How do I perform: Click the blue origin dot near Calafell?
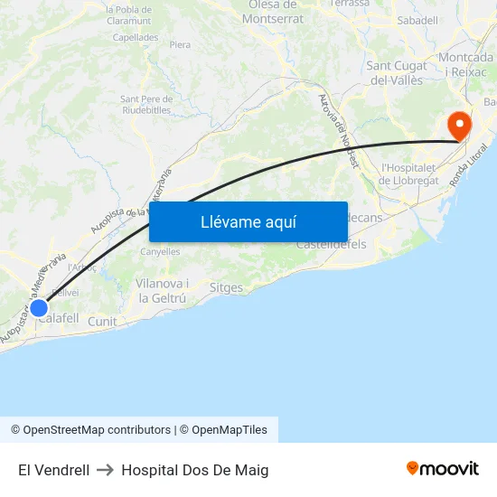point(39,308)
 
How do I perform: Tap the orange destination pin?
point(459,125)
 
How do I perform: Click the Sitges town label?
point(226,288)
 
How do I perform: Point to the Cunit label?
point(102,321)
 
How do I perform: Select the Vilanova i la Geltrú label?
point(162,290)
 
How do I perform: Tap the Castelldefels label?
point(331,244)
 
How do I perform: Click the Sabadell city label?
point(417,20)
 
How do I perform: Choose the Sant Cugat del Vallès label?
point(397,72)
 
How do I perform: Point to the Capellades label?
point(136,38)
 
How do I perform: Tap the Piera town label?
point(180,44)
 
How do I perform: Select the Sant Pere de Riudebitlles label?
point(145,104)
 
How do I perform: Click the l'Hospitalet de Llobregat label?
point(409,173)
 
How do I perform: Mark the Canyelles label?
point(160,251)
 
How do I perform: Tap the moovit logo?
point(443,468)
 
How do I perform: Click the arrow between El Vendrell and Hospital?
point(105,470)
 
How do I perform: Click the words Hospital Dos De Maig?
point(194,470)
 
